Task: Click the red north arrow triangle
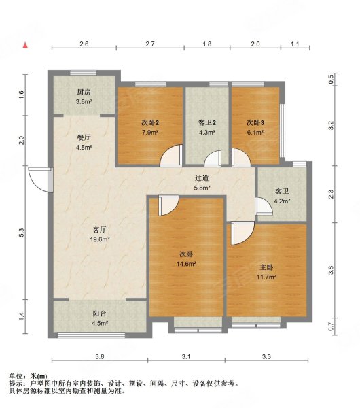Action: pyautogui.click(x=25, y=46)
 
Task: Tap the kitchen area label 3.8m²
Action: pyautogui.click(x=84, y=102)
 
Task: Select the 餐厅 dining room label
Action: pyautogui.click(x=84, y=137)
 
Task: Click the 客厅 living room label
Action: pyautogui.click(x=100, y=230)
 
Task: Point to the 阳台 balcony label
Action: pyautogui.click(x=100, y=313)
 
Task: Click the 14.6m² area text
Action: pyautogui.click(x=186, y=264)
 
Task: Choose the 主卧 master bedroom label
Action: pyautogui.click(x=266, y=267)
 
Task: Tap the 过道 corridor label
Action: pyautogui.click(x=202, y=178)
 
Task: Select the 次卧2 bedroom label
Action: pyautogui.click(x=150, y=122)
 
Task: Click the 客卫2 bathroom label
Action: pyautogui.click(x=207, y=122)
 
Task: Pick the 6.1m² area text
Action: pyautogui.click(x=255, y=133)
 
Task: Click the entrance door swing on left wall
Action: pyautogui.click(x=39, y=180)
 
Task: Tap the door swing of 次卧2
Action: pyautogui.click(x=170, y=156)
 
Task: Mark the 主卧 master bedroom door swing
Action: pyautogui.click(x=242, y=233)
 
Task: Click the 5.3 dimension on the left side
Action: pyautogui.click(x=22, y=233)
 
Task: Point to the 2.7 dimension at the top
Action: pyautogui.click(x=150, y=44)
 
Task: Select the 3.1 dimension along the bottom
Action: pyautogui.click(x=186, y=356)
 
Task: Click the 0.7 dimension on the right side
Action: pyautogui.click(x=331, y=326)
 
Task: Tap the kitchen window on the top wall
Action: pyautogui.click(x=84, y=73)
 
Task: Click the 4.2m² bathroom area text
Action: pyautogui.click(x=283, y=201)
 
